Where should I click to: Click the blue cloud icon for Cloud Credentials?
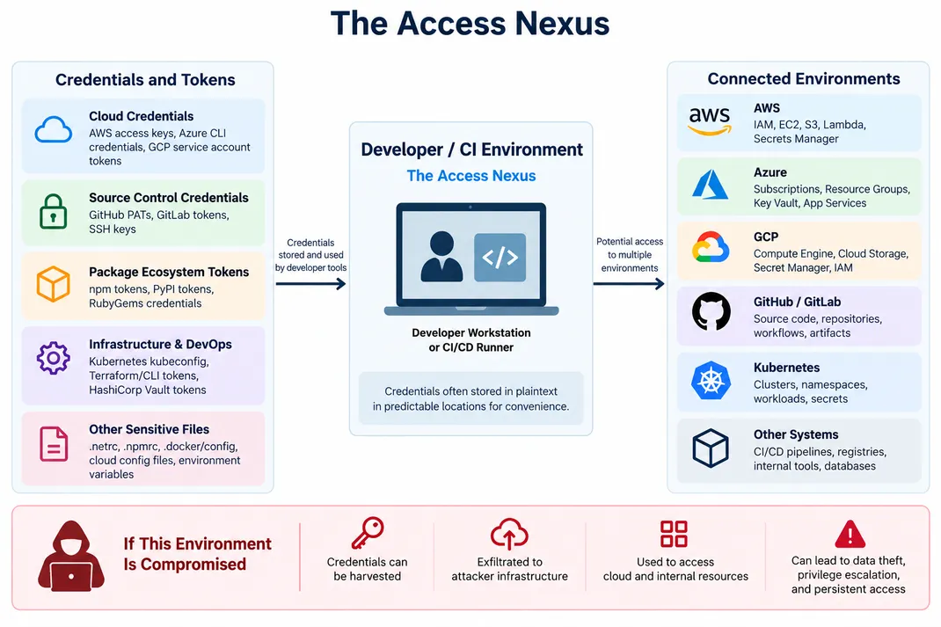pyautogui.click(x=54, y=130)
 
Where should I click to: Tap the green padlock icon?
pyautogui.click(x=53, y=212)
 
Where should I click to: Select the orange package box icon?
pyautogui.click(x=54, y=284)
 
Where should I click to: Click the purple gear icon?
pyautogui.click(x=54, y=358)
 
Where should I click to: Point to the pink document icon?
pyautogui.click(x=54, y=444)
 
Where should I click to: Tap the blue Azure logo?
pyautogui.click(x=710, y=185)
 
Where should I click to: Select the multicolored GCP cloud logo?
pyautogui.click(x=711, y=247)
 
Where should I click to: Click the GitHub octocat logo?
pyautogui.click(x=711, y=311)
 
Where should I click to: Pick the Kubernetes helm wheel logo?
pyautogui.click(x=711, y=381)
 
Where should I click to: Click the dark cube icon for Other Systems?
pyautogui.click(x=711, y=448)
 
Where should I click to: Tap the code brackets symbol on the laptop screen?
pyautogui.click(x=500, y=258)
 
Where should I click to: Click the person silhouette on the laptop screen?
pyautogui.click(x=441, y=256)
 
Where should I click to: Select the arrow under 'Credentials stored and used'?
pyautogui.click(x=310, y=284)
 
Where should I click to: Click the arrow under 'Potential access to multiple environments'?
pyautogui.click(x=629, y=284)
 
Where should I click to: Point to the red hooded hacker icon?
pyautogui.click(x=71, y=556)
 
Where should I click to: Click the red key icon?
pyautogui.click(x=368, y=533)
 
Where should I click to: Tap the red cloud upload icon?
pyautogui.click(x=509, y=534)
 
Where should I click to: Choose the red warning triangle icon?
pyautogui.click(x=850, y=534)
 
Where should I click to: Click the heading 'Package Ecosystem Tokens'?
pyautogui.click(x=169, y=272)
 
